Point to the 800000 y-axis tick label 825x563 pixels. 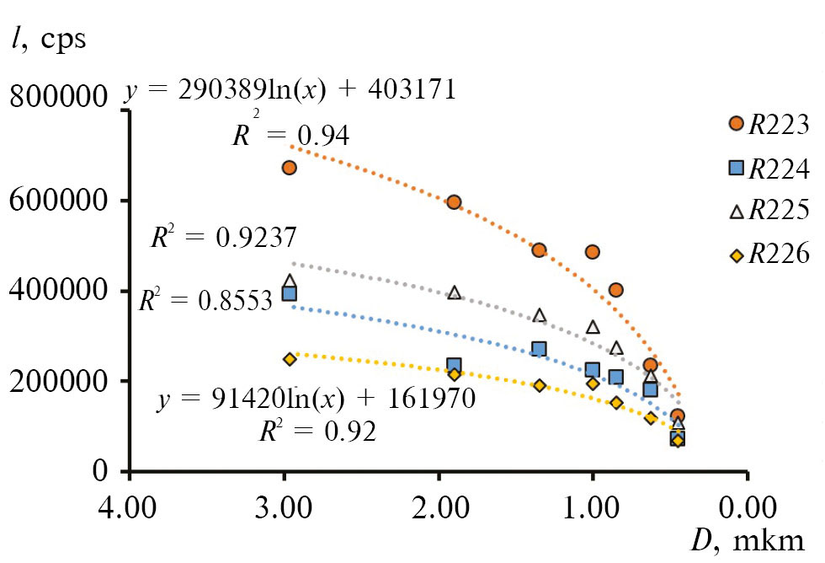pos(58,99)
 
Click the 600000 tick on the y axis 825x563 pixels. pos(58,201)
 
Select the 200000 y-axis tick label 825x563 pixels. pos(58,381)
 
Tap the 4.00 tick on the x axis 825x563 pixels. pos(129,508)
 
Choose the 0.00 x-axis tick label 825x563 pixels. pos(747,508)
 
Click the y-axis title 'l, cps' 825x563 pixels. pos(50,39)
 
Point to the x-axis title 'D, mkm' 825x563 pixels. pos(748,540)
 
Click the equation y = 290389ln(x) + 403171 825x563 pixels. pos(290,90)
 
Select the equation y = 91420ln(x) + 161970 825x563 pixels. pos(317,398)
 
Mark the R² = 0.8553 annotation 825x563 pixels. pos(205,299)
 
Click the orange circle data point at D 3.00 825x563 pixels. pos(289,168)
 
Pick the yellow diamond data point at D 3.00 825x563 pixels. pos(290,359)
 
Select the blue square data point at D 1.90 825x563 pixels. pos(454,366)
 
